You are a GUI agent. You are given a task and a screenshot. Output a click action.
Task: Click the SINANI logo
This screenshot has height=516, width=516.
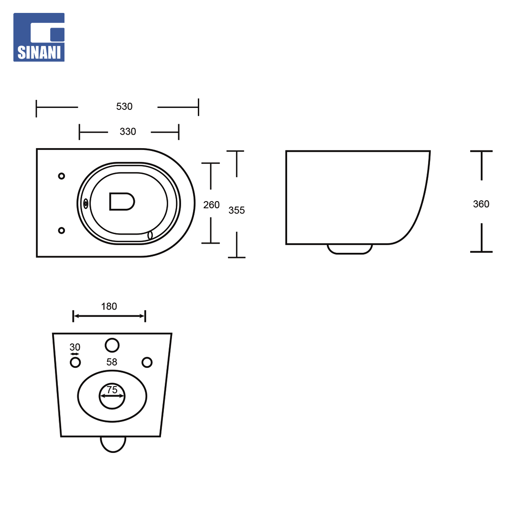pyautogui.click(x=39, y=37)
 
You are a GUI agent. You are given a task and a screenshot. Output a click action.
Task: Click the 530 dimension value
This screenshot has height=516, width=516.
pyautogui.click(x=124, y=107)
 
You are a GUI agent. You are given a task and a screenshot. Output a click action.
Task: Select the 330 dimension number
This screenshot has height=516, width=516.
pyautogui.click(x=128, y=132)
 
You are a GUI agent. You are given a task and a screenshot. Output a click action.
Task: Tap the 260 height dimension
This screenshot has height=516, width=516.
pyautogui.click(x=211, y=205)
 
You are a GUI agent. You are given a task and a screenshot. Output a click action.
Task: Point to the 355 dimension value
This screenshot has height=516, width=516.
pyautogui.click(x=236, y=210)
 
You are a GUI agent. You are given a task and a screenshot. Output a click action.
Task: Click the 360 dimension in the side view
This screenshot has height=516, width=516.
pyautogui.click(x=481, y=204)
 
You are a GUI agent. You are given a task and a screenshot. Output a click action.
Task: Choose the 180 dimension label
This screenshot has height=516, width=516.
pyautogui.click(x=109, y=306)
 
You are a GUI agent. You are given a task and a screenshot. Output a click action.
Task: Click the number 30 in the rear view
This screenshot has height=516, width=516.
pyautogui.click(x=75, y=347)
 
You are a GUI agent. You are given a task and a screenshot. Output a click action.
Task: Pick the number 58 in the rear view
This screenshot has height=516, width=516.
pyautogui.click(x=112, y=362)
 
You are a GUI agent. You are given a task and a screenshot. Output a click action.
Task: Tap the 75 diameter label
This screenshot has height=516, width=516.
pyautogui.click(x=112, y=390)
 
